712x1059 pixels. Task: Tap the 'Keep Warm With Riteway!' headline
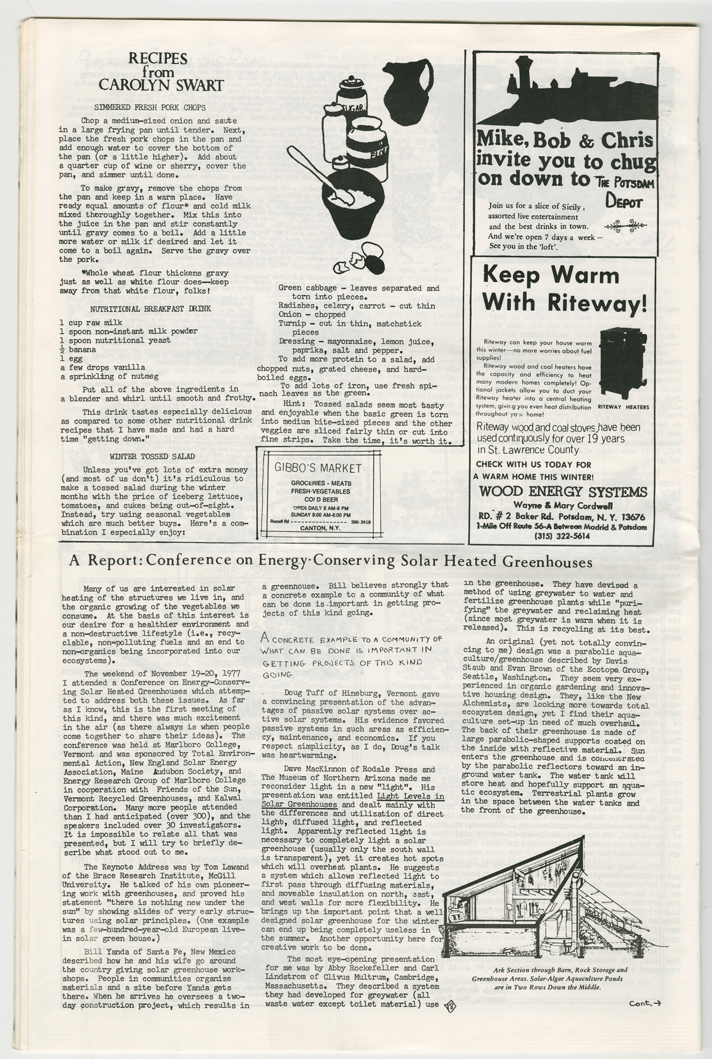click(562, 288)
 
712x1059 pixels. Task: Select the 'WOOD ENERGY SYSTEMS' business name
click(562, 492)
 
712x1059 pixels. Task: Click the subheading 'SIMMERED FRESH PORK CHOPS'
click(150, 107)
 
